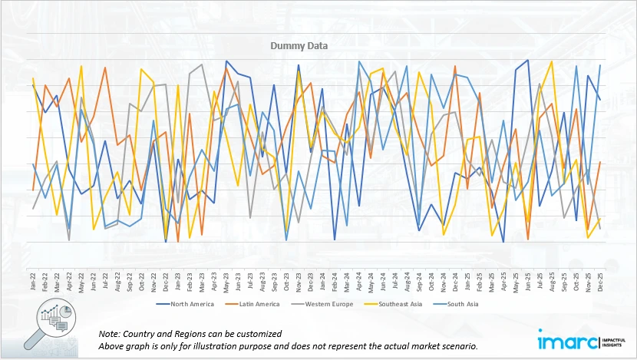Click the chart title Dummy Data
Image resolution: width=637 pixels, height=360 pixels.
coord(299,45)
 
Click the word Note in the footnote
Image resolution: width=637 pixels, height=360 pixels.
coord(111,334)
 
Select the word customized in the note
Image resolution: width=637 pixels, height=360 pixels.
coord(256,334)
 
